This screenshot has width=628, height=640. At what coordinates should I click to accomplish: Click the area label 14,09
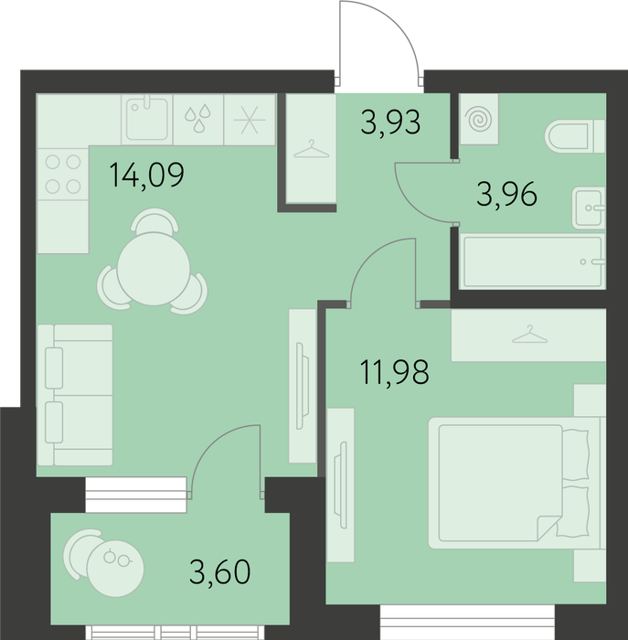[147, 175]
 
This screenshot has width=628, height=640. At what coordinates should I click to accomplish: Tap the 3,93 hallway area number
[390, 123]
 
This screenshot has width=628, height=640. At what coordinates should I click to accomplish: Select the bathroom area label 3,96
[506, 195]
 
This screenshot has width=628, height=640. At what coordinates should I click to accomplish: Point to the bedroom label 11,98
[394, 372]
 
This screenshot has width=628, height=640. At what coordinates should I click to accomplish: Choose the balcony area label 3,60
[220, 571]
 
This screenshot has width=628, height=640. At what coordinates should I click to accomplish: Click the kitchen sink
[146, 119]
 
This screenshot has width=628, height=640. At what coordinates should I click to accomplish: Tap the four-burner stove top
[63, 175]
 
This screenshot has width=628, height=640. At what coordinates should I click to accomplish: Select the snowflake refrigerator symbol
[250, 120]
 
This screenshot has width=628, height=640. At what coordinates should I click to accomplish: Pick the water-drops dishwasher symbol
[198, 119]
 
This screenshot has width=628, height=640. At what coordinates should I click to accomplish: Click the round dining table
[154, 269]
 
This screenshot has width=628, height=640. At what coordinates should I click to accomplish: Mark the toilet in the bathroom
[575, 136]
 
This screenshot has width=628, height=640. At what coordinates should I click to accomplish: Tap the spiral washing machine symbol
[479, 120]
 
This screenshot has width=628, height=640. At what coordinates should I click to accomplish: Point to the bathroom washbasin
[589, 208]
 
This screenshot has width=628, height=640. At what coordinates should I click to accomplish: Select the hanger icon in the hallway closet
[311, 149]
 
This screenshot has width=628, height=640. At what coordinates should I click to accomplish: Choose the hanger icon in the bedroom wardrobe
[529, 335]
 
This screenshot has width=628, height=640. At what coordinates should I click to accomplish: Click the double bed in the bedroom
[514, 483]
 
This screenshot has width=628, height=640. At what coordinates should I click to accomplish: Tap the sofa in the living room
[75, 395]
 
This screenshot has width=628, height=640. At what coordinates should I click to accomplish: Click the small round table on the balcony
[115, 569]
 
